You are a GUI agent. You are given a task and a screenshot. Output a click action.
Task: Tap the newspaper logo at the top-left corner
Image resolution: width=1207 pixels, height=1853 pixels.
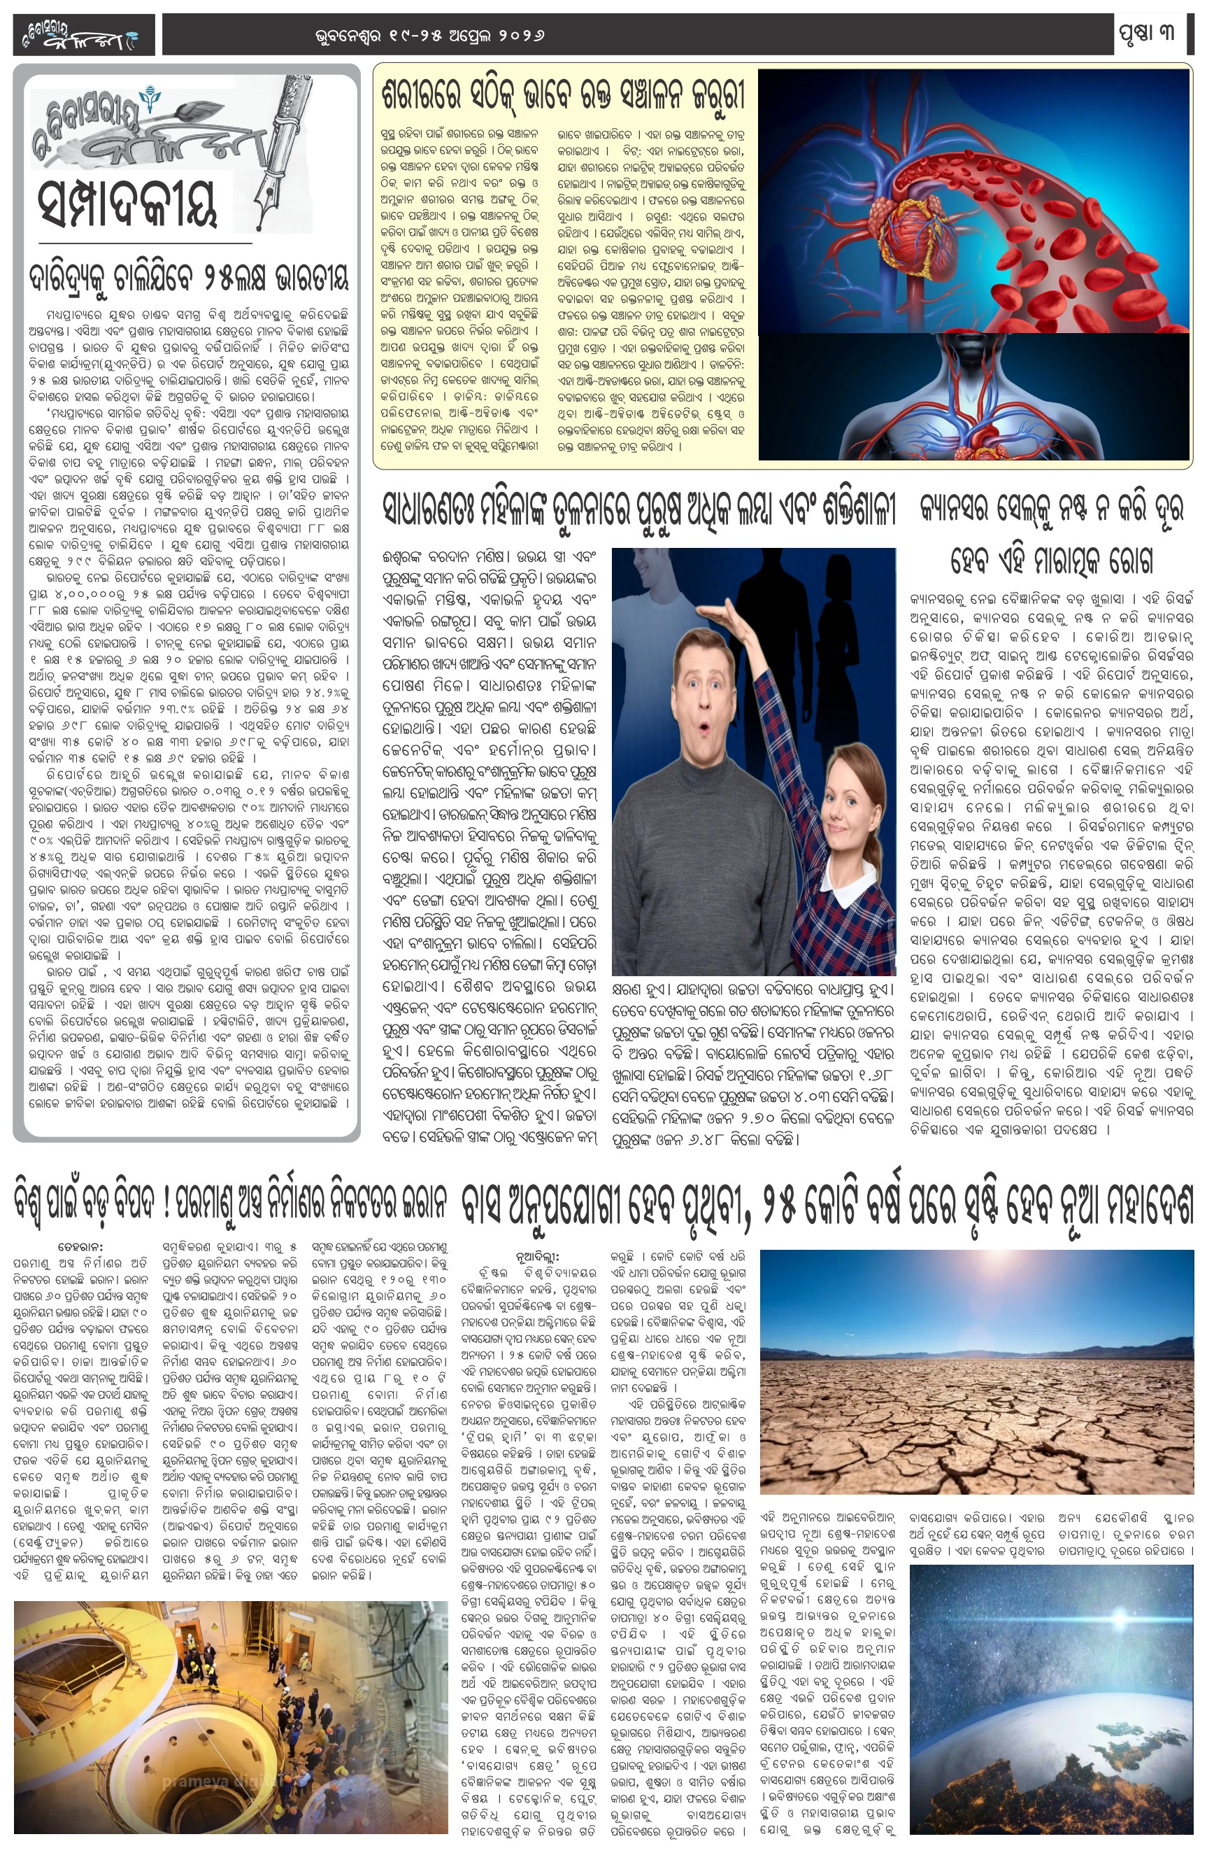pyautogui.click(x=83, y=36)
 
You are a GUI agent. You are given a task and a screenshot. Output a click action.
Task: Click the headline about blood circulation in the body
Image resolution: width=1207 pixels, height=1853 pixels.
pyautogui.click(x=564, y=95)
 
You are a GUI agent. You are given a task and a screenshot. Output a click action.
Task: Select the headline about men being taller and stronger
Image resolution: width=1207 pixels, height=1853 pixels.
pyautogui.click(x=639, y=511)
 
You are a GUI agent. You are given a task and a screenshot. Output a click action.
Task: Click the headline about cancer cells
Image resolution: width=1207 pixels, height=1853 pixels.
pyautogui.click(x=1051, y=534)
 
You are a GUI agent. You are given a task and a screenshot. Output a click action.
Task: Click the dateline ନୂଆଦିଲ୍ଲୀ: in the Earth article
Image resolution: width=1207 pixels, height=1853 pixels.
pyautogui.click(x=537, y=1257)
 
